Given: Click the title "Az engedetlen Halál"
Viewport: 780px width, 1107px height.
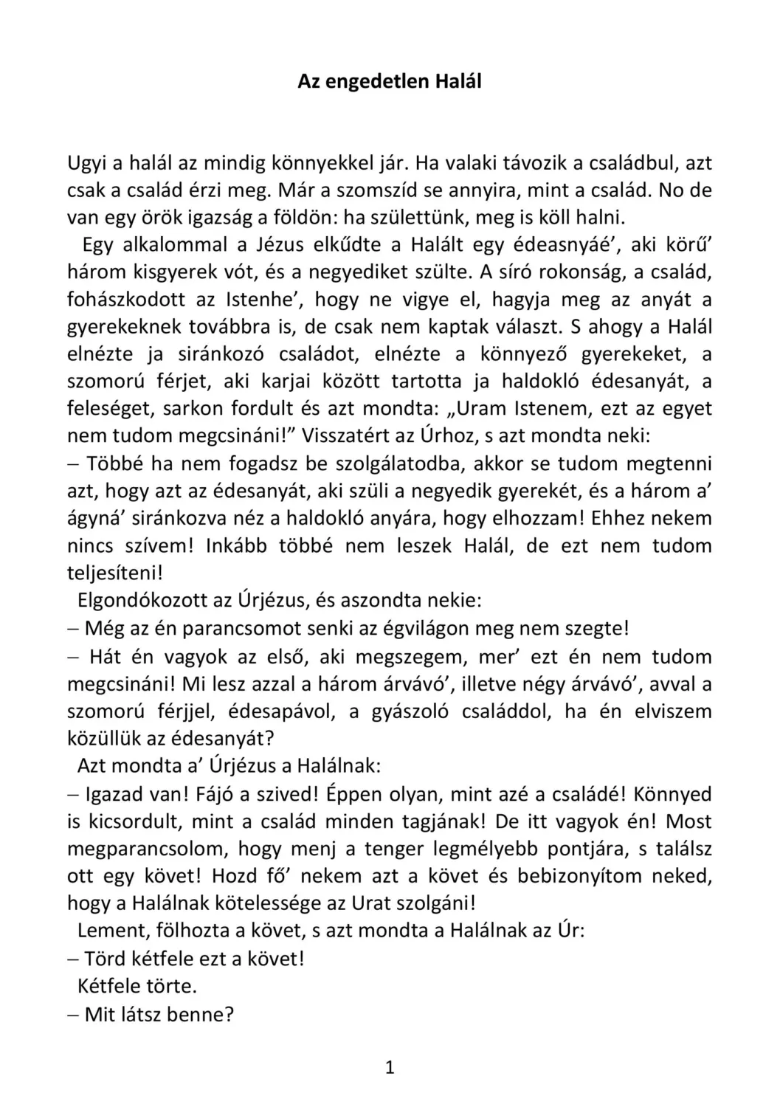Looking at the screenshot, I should click(389, 81).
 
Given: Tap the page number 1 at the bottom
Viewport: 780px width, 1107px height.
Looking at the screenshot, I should click(390, 1068).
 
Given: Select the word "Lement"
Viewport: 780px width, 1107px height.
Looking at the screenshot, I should click(109, 931).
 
